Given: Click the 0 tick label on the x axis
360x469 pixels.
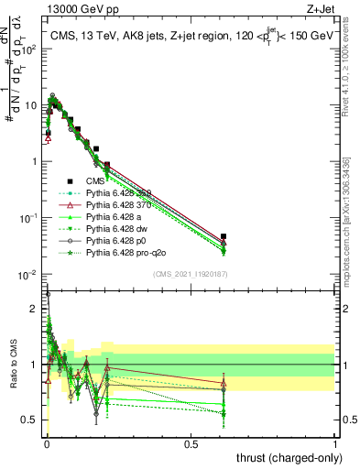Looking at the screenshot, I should point(46,444).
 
